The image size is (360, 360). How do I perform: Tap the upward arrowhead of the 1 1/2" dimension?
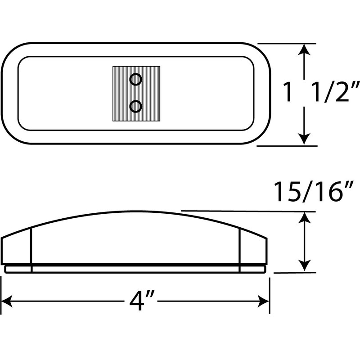click(x=306, y=50)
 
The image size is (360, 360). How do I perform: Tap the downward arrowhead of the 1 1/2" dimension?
click(x=306, y=139)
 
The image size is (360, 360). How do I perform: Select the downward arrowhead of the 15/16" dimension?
click(x=306, y=266)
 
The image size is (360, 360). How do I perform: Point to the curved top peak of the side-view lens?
click(x=135, y=211)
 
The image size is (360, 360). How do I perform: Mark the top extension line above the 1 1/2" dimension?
click(x=288, y=44)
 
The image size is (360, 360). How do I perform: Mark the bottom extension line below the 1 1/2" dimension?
click(x=288, y=146)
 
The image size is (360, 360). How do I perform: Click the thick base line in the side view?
click(x=135, y=264)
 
